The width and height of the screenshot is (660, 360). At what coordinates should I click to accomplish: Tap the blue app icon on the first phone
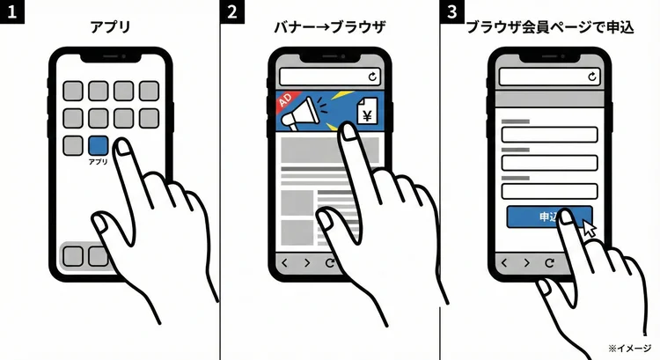[99, 146]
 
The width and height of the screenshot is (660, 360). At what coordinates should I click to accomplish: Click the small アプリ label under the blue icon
[99, 162]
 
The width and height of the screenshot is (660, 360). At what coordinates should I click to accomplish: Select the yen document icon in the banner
[367, 112]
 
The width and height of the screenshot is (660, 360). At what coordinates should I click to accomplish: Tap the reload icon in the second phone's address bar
[372, 77]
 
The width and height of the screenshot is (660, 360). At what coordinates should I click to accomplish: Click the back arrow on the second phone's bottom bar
[283, 262]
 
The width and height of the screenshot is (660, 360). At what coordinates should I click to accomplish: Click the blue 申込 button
[547, 217]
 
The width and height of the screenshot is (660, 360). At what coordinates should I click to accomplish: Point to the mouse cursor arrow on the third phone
[587, 228]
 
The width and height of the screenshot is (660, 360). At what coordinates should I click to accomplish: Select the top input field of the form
[549, 135]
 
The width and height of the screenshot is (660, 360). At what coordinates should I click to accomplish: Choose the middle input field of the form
[549, 163]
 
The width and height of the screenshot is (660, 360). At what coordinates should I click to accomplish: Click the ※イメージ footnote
[628, 348]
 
